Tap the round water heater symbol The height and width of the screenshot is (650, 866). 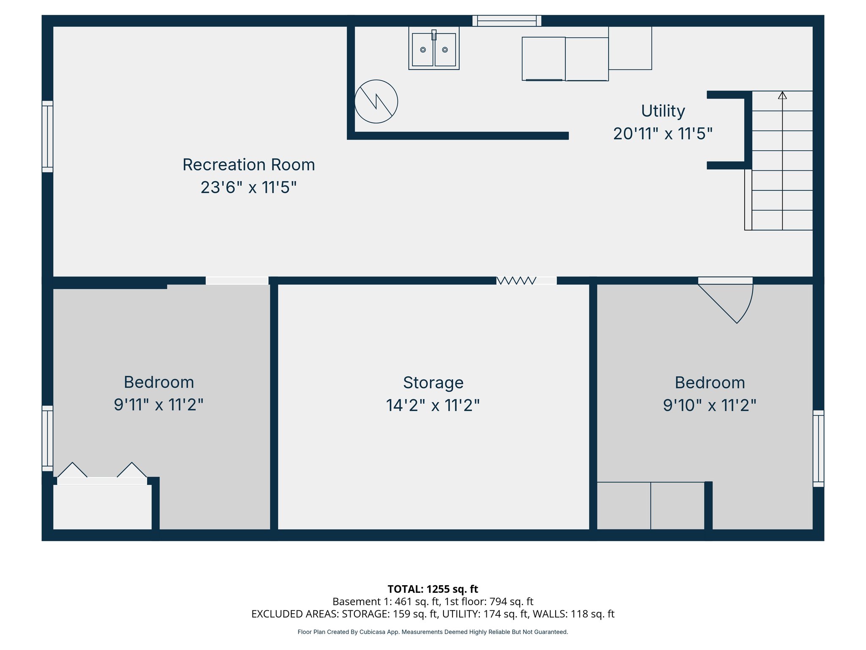point(376,102)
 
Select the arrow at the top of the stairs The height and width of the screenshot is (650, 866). point(782,96)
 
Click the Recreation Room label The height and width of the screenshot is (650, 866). point(249,165)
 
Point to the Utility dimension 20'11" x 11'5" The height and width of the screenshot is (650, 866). point(663,134)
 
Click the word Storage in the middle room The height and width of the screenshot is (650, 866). point(433,383)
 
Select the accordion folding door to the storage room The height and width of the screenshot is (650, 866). point(516,281)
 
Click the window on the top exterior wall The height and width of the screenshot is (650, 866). point(507,21)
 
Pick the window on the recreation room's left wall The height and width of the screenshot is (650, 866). point(47,136)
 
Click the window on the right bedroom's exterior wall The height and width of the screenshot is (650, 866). point(818,448)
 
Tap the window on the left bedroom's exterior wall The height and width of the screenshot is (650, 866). point(47,438)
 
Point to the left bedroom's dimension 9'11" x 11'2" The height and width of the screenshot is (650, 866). point(159,405)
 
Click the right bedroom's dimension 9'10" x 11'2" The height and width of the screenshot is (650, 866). point(709,405)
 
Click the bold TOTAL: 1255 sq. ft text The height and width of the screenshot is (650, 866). point(433,589)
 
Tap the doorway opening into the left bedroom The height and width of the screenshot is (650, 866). point(237,281)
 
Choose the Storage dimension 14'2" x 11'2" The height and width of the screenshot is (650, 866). point(433,405)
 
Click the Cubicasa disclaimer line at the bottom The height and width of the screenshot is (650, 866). point(433,632)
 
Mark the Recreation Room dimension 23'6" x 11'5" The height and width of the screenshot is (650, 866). point(249,187)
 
